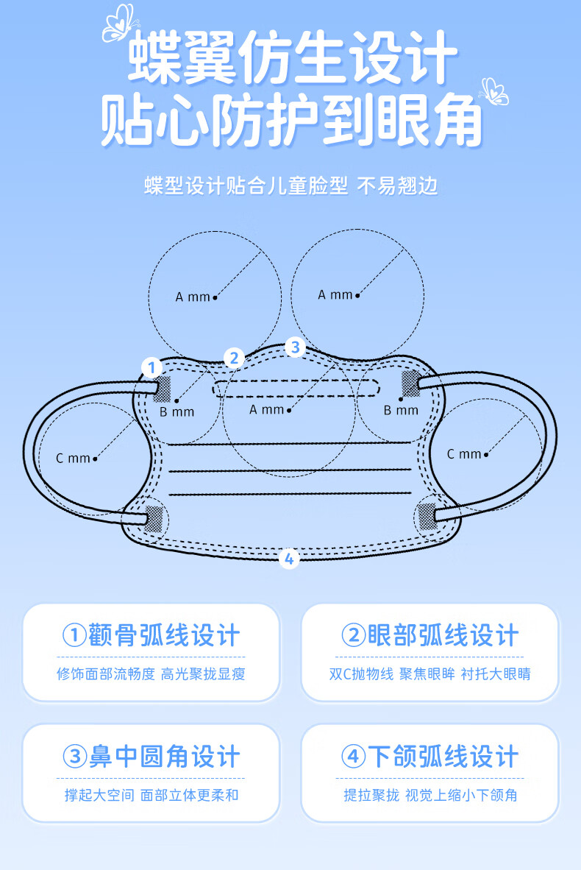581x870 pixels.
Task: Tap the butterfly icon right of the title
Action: [x=493, y=91]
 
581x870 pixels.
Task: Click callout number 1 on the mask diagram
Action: [x=152, y=367]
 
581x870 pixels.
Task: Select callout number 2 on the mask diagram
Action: [x=234, y=358]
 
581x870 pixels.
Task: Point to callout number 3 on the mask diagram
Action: [x=295, y=347]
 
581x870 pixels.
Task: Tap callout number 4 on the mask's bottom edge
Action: [x=289, y=559]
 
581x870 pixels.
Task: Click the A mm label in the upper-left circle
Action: [x=193, y=297]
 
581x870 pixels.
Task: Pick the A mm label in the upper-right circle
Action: [x=335, y=294]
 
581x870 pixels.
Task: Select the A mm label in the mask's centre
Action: [x=266, y=410]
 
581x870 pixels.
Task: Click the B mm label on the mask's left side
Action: [x=177, y=411]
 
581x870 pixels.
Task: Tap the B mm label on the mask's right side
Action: [x=401, y=410]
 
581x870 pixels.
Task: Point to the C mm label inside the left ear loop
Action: [x=73, y=459]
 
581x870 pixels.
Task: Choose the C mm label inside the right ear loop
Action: [x=464, y=454]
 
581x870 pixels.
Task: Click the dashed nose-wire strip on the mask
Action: [x=296, y=389]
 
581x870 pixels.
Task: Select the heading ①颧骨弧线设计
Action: [x=152, y=636]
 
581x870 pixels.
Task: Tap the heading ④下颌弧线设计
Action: [x=430, y=757]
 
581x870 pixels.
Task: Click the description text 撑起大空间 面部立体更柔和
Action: [x=152, y=795]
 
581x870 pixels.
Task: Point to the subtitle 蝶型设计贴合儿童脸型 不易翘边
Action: [x=291, y=185]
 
